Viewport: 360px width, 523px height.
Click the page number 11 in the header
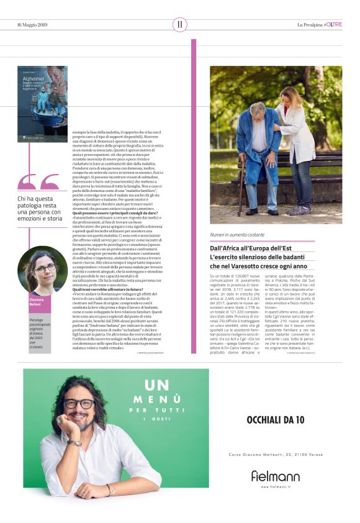coord(179,24)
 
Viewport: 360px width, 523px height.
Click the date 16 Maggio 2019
coord(32,25)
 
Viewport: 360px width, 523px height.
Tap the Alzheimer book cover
coord(42,104)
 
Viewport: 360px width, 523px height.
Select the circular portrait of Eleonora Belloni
coord(42,270)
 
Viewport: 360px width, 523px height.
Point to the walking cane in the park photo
coord(241,187)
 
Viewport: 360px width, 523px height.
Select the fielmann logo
coord(275,476)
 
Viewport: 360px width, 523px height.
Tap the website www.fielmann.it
coord(275,486)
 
